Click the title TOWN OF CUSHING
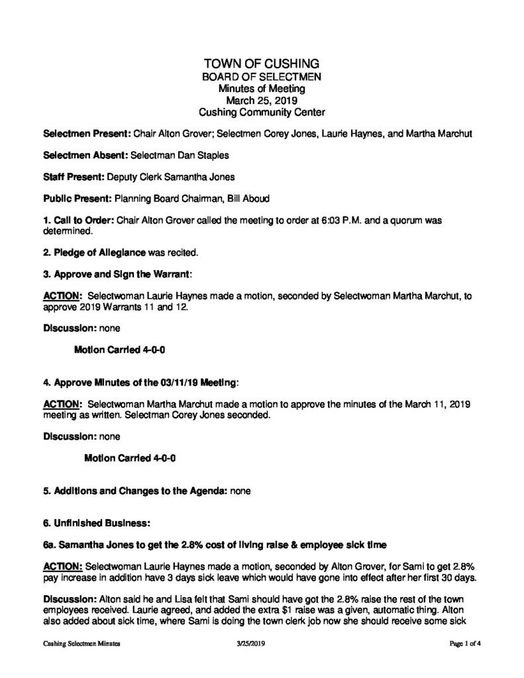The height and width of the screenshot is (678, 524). [262, 64]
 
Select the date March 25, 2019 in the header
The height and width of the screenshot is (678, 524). [262, 101]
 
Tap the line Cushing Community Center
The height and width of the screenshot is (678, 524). [262, 113]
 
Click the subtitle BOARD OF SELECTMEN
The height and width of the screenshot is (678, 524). [262, 77]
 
